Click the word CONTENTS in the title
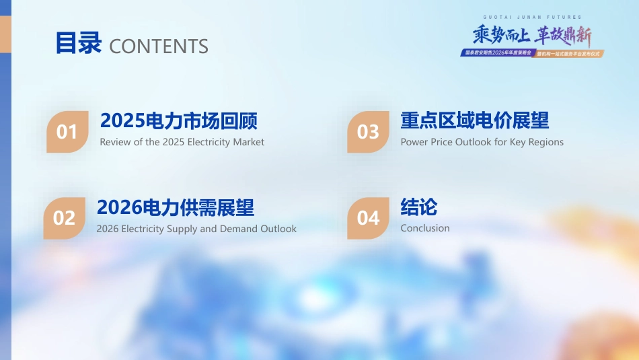159,46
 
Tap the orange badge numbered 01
67,132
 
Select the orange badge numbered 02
65,218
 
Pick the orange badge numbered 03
368,132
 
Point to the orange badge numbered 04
368,218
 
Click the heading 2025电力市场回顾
179,121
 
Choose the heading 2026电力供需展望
176,207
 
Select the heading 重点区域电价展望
474,121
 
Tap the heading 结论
418,207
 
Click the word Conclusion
425,228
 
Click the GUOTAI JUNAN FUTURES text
532,17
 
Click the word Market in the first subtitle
248,142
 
